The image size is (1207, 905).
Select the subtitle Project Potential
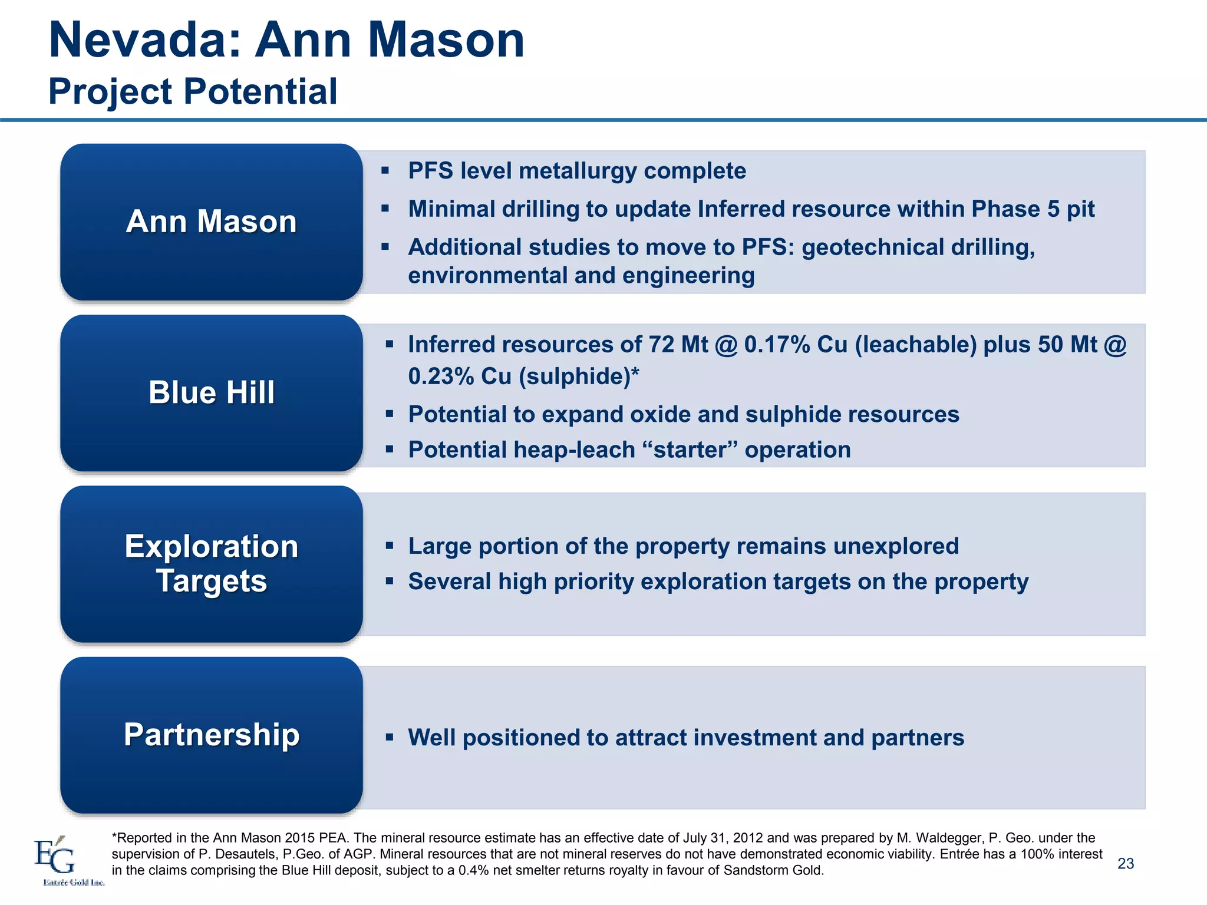click(x=193, y=92)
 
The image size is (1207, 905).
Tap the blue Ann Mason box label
click(x=211, y=222)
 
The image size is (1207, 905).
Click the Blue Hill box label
click(x=211, y=392)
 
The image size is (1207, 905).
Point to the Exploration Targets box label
click(x=211, y=563)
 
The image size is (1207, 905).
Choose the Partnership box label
click(x=211, y=735)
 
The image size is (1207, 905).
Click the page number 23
click(x=1125, y=864)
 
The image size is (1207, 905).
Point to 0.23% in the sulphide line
click(x=441, y=376)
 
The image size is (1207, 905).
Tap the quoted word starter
click(x=690, y=450)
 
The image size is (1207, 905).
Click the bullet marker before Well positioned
click(x=389, y=737)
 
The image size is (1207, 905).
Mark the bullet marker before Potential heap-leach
click(x=389, y=450)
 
